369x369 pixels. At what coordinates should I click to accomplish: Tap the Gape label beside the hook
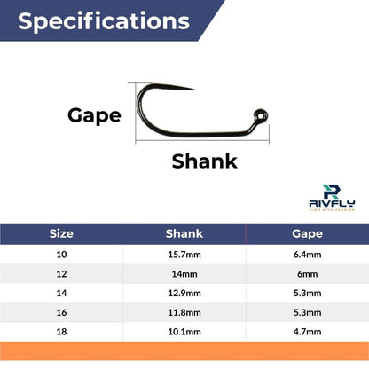click(94, 114)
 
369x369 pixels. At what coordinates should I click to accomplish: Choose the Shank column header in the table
click(184, 234)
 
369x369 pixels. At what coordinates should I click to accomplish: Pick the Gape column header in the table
click(307, 234)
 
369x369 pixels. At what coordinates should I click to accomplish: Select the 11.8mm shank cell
click(184, 316)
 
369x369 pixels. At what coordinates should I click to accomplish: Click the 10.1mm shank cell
click(184, 336)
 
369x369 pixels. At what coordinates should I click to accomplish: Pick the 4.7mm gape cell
click(307, 336)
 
